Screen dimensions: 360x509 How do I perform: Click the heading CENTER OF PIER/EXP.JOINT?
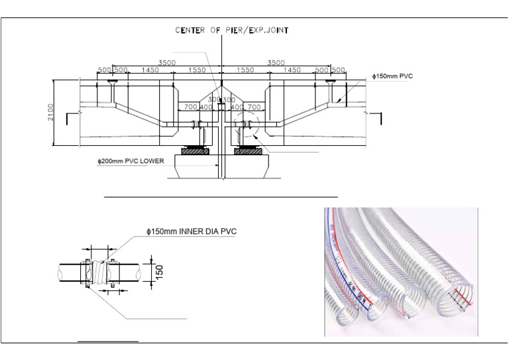[x=231, y=30]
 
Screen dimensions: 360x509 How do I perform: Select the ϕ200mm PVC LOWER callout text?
[x=131, y=160]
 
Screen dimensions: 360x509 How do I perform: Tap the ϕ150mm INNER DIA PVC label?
[x=191, y=231]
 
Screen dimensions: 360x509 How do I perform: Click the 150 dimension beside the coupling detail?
[x=159, y=272]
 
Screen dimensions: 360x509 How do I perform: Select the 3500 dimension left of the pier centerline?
[x=166, y=63]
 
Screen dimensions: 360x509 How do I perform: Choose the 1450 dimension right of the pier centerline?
[x=292, y=70]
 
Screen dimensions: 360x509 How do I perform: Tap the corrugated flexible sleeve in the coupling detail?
[x=100, y=272]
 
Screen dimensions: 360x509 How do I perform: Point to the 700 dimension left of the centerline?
[x=190, y=107]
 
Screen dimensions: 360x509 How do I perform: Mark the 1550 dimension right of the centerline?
[x=246, y=70]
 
